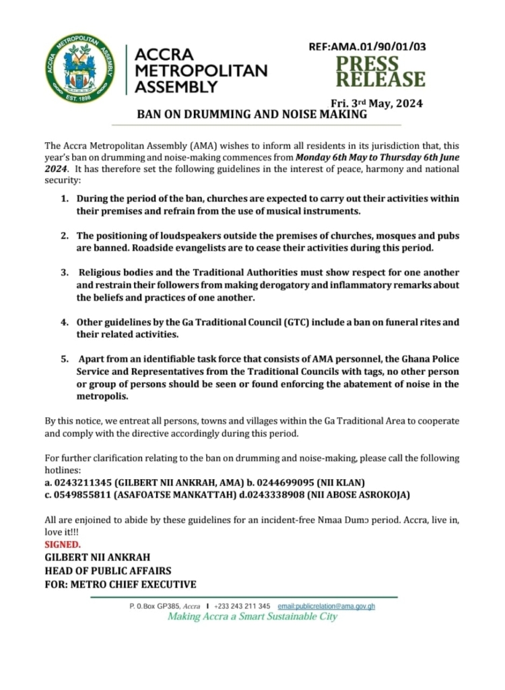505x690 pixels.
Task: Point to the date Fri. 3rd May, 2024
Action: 376,103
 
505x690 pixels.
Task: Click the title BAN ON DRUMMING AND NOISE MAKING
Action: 252,115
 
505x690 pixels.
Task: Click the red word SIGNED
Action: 63,544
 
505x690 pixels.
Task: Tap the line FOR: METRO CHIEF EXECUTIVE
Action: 121,584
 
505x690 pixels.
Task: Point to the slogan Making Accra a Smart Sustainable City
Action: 252,617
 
